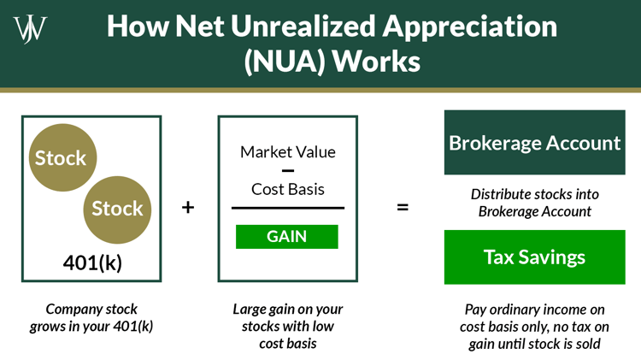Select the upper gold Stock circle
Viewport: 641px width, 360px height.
tap(61, 158)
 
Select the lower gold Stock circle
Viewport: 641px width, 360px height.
tap(117, 209)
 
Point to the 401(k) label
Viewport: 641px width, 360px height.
tap(92, 263)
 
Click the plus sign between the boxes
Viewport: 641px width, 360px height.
tap(188, 208)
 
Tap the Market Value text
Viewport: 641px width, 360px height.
tap(287, 152)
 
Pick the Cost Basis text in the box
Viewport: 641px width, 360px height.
tap(287, 189)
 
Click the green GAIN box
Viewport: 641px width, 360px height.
tap(287, 236)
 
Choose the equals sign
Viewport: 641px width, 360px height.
tap(402, 208)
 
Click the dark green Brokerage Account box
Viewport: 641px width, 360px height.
tap(534, 142)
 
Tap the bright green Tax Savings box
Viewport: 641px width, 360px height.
tap(534, 257)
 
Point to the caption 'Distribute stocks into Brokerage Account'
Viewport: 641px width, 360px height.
tap(534, 202)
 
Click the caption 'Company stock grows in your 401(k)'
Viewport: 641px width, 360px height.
tap(91, 316)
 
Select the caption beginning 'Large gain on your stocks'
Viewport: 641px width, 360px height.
tap(287, 326)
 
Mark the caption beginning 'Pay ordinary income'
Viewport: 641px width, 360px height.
tap(534, 326)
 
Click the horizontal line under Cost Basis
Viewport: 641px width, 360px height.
tap(287, 208)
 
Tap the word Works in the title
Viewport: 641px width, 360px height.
tap(374, 63)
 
